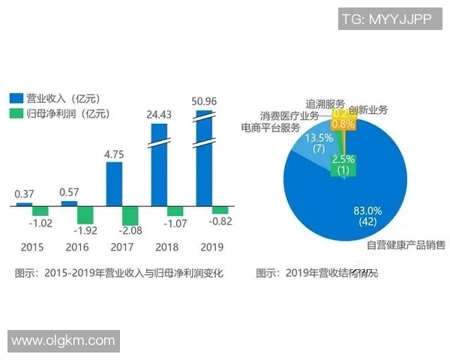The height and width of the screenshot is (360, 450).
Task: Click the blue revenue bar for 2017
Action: point(114,183)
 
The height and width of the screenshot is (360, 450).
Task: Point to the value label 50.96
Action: point(204,100)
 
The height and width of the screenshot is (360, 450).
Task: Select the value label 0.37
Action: point(24,193)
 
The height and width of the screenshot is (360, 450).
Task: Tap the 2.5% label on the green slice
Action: point(343,159)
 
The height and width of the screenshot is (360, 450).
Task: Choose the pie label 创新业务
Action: point(368,110)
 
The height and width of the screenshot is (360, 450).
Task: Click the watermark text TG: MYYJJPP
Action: point(386,20)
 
